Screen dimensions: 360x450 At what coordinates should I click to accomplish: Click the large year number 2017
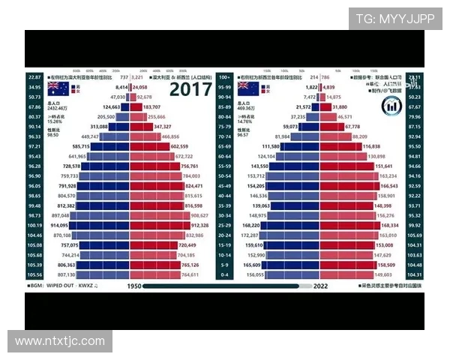pos(190,90)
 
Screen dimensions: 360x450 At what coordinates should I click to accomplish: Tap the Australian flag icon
pos(58,87)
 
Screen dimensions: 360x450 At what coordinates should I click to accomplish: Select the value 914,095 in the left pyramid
pos(58,224)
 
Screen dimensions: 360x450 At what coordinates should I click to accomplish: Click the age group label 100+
pos(224,76)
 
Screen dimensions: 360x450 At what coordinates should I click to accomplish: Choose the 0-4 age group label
pos(224,275)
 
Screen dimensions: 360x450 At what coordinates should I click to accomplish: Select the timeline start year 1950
pos(134,286)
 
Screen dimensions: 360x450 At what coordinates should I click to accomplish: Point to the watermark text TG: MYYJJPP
pos(394,19)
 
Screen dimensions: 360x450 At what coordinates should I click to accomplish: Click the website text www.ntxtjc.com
pos(60,341)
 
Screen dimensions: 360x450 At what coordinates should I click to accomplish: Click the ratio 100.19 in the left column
pos(34,224)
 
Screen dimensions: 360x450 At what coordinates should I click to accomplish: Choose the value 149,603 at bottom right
pos(384,275)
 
